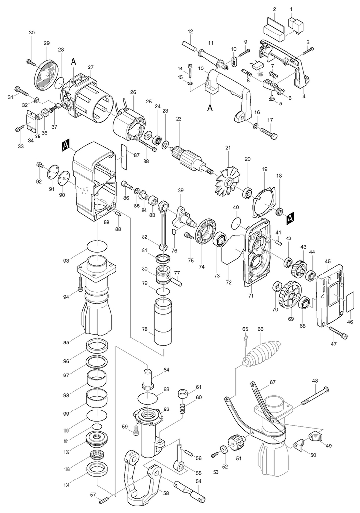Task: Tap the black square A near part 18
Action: click(290, 217)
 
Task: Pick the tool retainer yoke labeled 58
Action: click(141, 480)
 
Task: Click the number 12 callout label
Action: click(190, 32)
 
